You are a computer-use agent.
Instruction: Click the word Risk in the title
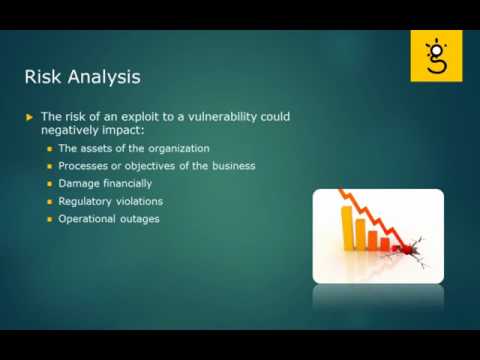click(43, 76)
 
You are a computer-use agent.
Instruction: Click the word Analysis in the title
click(102, 77)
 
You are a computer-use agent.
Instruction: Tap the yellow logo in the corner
click(436, 55)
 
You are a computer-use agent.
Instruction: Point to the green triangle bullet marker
click(30, 117)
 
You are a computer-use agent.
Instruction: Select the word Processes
click(84, 166)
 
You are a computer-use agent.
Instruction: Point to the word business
click(231, 166)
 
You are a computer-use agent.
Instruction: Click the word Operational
click(88, 218)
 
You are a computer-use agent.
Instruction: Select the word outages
click(140, 218)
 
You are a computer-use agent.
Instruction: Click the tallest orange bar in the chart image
click(350, 226)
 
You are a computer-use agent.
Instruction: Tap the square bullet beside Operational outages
click(49, 219)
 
